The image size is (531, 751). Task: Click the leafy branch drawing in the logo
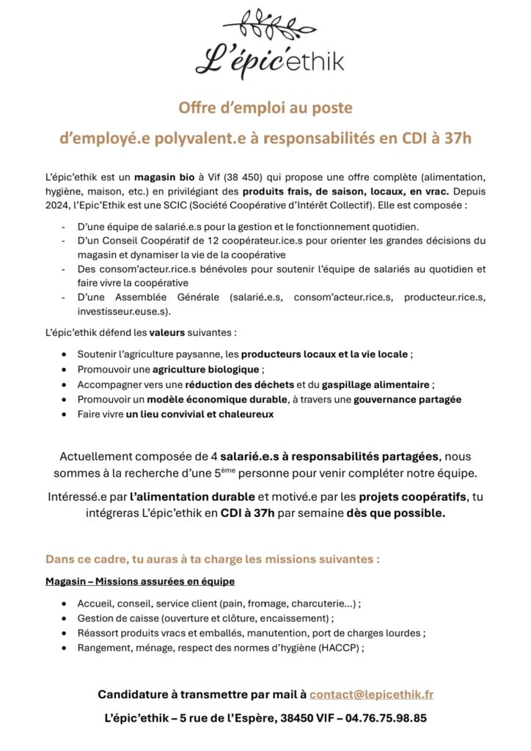[265, 26]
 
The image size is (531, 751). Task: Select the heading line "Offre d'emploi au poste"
[265, 108]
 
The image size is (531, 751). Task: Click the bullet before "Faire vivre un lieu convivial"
[67, 414]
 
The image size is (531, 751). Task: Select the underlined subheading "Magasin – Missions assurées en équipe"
[139, 582]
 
